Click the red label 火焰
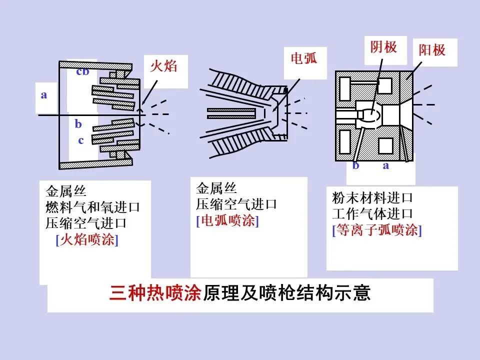coord(163,66)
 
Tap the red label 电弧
coord(304,59)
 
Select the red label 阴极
coord(383,47)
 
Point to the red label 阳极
coord(431,50)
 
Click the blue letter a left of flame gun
coord(44,94)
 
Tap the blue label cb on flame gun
coord(82,71)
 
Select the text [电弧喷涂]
coord(227,221)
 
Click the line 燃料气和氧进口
coord(92,207)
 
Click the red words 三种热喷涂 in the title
coord(155,292)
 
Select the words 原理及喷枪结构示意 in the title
coord(286,292)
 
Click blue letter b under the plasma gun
coord(355,166)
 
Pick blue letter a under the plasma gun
coord(385,166)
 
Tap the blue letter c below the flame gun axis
coord(80,140)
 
